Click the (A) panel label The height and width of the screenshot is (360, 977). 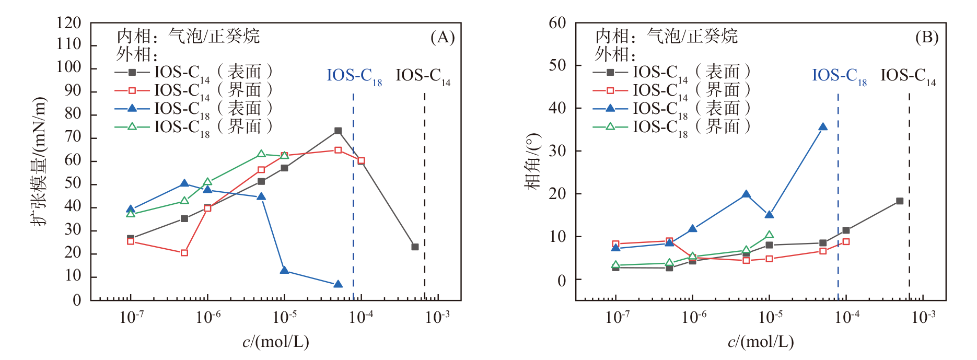click(x=443, y=38)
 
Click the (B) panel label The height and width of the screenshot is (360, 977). click(x=927, y=38)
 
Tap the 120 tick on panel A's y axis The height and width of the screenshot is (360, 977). click(x=69, y=23)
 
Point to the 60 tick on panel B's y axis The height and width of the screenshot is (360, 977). click(x=557, y=23)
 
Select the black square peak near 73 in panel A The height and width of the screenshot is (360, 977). click(x=338, y=131)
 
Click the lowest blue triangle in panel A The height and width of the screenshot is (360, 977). click(x=338, y=284)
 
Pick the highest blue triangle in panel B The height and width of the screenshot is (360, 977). click(x=823, y=127)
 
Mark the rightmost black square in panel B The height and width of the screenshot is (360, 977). click(x=900, y=201)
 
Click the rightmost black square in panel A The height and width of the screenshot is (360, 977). click(x=415, y=247)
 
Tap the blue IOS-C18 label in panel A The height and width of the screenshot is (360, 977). click(x=354, y=76)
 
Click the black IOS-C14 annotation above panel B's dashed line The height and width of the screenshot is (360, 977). click(x=908, y=76)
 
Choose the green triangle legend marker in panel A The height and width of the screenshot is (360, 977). click(x=132, y=126)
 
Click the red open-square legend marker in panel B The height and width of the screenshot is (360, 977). click(x=610, y=90)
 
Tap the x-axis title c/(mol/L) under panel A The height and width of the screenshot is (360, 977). click(x=276, y=342)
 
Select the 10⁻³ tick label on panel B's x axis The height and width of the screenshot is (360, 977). click(x=923, y=317)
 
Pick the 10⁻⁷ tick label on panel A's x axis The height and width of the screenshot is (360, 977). click(x=131, y=317)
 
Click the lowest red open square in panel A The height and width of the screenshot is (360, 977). click(x=184, y=253)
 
